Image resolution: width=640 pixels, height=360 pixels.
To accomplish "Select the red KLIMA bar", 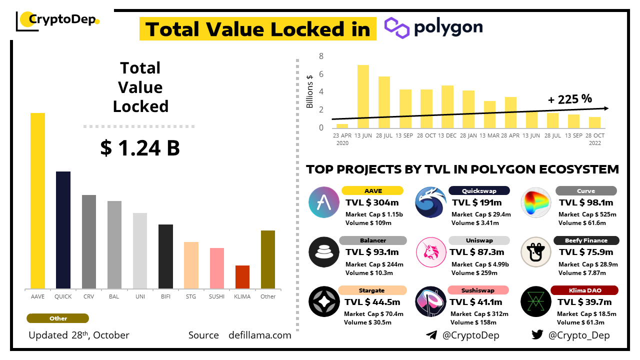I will coord(242,277).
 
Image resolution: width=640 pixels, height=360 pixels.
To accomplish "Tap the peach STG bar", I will coord(191,265).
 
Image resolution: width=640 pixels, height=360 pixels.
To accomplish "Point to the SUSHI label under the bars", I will coord(216,296).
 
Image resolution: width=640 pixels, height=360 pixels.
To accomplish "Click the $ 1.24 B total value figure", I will coord(140,148).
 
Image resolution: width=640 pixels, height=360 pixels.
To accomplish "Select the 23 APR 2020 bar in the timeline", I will coord(342,126).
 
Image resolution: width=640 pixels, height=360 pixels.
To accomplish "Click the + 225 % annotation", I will coord(569,99).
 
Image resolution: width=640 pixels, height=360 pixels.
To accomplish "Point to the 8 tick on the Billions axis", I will coord(321,56).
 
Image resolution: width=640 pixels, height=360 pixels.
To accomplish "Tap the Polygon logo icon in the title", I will coord(397,27).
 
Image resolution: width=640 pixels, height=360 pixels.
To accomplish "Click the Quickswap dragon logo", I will coord(430,202).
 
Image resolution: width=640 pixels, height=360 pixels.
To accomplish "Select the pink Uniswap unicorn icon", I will coord(430,252).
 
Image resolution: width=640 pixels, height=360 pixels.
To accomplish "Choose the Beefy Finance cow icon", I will coord(535,252).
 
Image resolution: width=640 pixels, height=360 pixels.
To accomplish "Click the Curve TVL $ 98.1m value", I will coord(586,202).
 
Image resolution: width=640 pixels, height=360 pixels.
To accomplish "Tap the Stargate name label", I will coord(371,290).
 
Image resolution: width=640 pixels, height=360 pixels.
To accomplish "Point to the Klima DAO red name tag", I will coord(584,290).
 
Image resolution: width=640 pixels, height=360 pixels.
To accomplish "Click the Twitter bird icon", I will coord(537,335).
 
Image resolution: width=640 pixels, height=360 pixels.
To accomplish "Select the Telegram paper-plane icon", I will coord(431,335).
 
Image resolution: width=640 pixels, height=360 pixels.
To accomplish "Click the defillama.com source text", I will coord(259,335).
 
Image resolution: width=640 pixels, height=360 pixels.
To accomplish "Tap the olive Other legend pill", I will coord(58,318).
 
